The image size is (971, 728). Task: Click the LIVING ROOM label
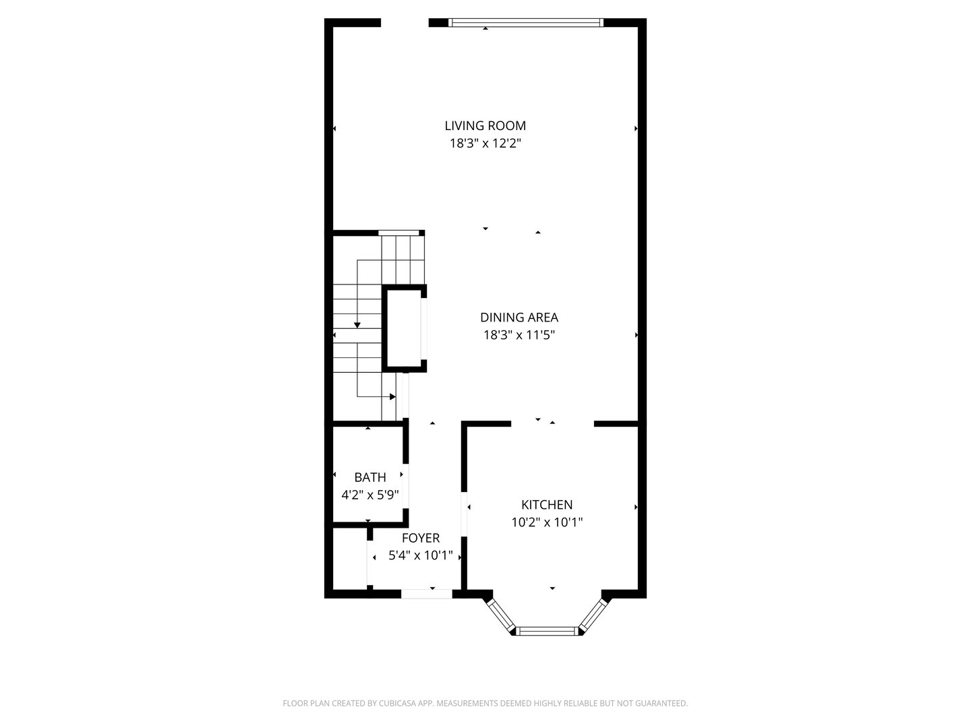(485, 125)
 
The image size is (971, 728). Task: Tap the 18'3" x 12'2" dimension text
(485, 143)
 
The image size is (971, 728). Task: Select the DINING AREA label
(519, 317)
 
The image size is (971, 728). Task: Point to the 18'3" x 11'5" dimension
(519, 335)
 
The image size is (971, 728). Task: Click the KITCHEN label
(546, 504)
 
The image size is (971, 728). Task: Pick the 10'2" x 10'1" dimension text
(546, 522)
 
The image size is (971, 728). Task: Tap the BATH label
(370, 477)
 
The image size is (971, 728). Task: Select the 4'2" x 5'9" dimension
(370, 495)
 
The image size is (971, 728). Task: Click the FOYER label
(420, 538)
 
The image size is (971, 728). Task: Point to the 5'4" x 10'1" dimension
(420, 556)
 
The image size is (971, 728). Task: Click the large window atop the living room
(526, 23)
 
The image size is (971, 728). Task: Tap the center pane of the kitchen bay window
(547, 631)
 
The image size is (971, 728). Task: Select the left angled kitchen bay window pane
(500, 615)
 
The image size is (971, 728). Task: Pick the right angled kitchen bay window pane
(593, 615)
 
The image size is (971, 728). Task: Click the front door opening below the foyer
(426, 594)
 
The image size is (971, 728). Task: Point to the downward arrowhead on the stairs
(357, 326)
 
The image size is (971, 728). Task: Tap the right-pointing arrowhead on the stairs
(392, 396)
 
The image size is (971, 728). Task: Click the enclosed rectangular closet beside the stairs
(403, 328)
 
